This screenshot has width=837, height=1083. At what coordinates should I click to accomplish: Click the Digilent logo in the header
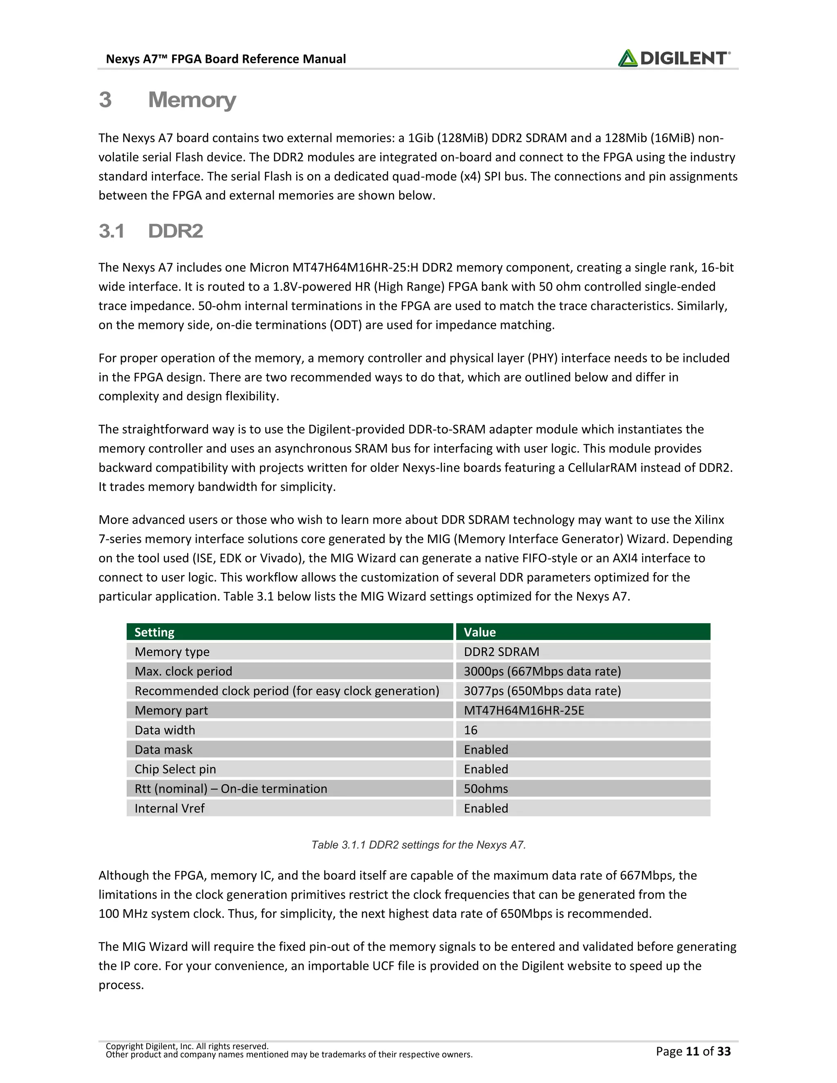coord(674,58)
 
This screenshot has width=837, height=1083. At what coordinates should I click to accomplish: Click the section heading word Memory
coord(192,100)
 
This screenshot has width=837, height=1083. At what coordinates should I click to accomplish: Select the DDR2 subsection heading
coord(175,231)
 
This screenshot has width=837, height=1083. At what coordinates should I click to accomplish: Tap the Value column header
coord(479,632)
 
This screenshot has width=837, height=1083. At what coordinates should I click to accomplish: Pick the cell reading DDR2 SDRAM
coord(501,651)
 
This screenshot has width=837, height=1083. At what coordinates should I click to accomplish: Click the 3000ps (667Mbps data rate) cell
coord(542,671)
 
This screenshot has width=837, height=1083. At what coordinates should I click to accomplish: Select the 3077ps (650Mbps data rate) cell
coord(542,691)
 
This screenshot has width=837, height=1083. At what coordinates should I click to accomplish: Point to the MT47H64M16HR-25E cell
coord(524,711)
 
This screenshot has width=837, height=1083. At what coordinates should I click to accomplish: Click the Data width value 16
coord(470,730)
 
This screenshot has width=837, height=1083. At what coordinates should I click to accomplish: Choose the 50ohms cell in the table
coord(486,788)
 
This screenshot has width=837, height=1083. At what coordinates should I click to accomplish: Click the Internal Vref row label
coord(169,808)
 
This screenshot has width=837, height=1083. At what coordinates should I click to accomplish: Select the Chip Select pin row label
coord(175,769)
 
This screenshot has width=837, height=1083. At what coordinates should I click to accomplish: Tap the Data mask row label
coord(163,750)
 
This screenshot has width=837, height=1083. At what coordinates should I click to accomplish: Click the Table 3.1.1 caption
coord(418,845)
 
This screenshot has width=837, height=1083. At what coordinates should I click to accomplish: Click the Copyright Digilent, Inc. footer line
coord(187,1046)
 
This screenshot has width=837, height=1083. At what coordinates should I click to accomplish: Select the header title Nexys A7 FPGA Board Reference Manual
coord(226,59)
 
